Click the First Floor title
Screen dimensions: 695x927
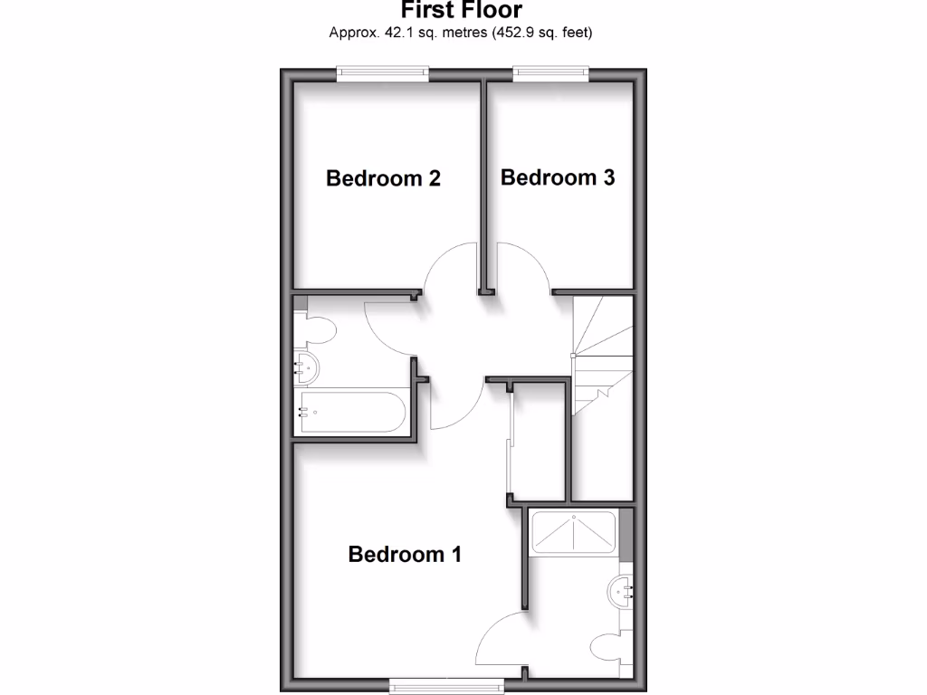(x=462, y=11)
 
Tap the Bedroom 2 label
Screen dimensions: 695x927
(x=383, y=178)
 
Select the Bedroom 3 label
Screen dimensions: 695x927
(x=557, y=177)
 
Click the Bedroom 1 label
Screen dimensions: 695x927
(x=405, y=554)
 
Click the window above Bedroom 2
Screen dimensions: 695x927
(x=381, y=73)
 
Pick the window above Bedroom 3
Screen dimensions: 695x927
(x=550, y=73)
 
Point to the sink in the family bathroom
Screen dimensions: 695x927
(x=307, y=368)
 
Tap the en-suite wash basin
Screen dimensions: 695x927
(x=622, y=591)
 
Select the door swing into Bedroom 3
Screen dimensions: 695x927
(x=522, y=269)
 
